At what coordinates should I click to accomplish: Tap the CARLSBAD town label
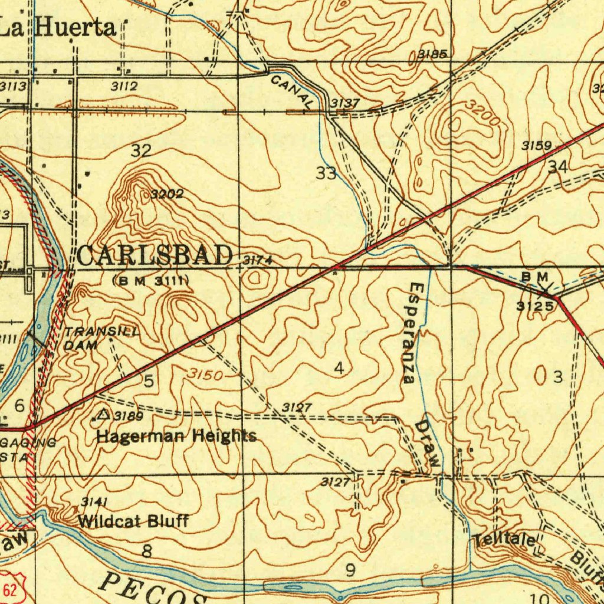click(155, 257)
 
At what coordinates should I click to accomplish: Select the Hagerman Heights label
click(176, 436)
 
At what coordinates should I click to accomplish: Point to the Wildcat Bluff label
click(133, 521)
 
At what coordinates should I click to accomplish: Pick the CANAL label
click(293, 91)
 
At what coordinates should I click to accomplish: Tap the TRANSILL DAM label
click(100, 339)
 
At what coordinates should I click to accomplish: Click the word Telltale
click(505, 540)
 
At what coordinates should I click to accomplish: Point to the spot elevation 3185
click(432, 55)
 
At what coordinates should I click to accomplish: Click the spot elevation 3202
click(166, 194)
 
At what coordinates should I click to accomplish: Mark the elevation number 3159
click(536, 146)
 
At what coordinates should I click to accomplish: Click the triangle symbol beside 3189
click(104, 415)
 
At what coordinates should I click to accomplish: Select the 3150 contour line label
click(206, 375)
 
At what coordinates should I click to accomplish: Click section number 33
click(326, 173)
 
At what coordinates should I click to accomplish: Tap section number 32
click(142, 150)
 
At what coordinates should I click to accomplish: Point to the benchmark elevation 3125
click(536, 306)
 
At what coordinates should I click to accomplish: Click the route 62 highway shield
click(8, 587)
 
